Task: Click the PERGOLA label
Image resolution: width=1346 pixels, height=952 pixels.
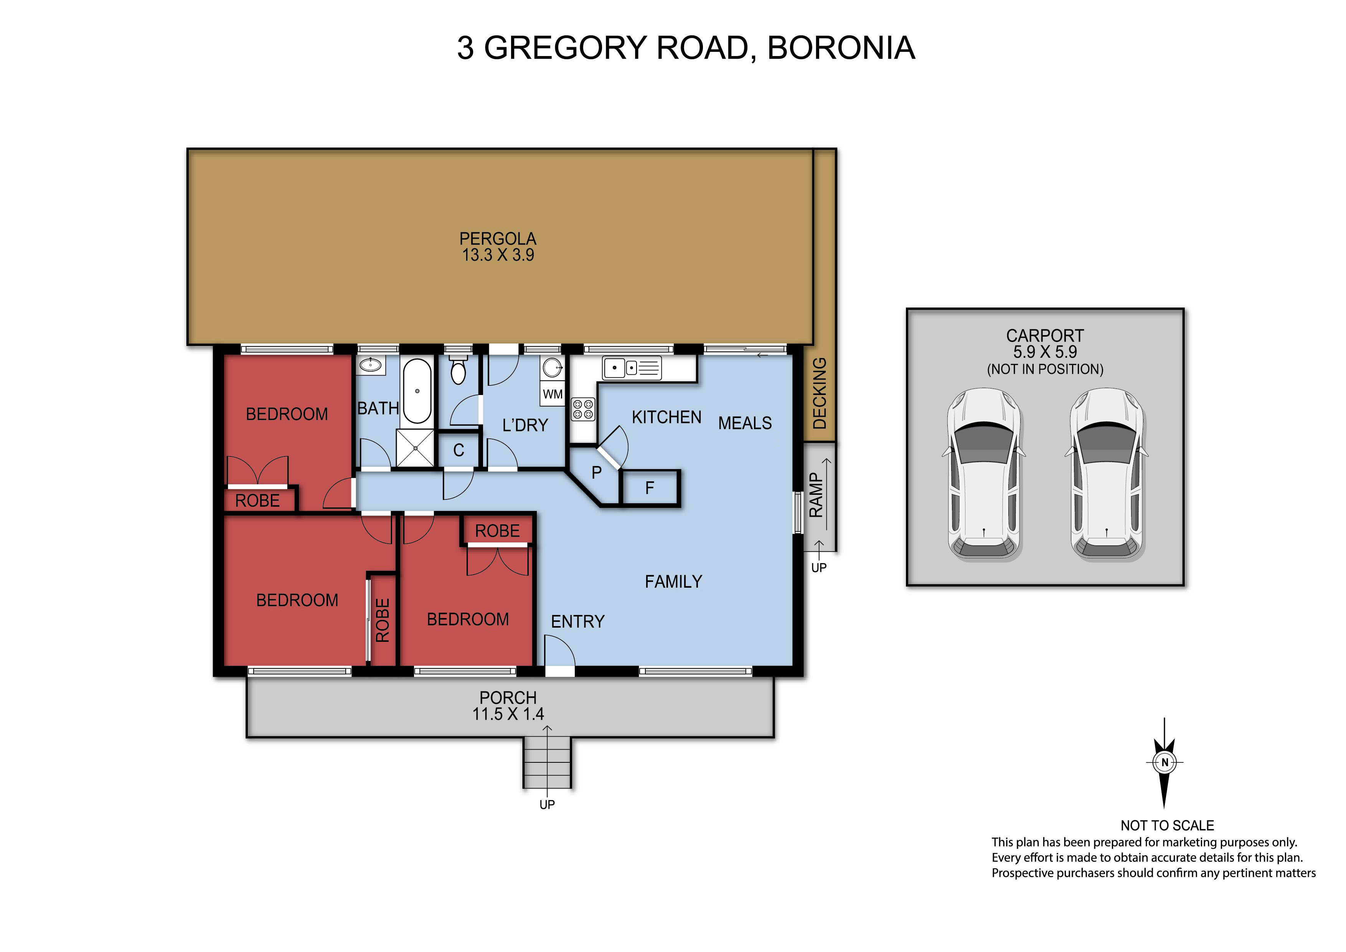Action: (x=498, y=239)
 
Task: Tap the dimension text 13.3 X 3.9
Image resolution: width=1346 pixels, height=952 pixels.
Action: (x=498, y=255)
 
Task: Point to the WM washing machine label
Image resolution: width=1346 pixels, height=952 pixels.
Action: (x=552, y=394)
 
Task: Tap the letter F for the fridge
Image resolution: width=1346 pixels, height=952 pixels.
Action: (x=650, y=488)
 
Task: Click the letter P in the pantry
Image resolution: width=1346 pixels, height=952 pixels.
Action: (x=596, y=472)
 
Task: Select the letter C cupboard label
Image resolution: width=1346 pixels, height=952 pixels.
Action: (x=459, y=451)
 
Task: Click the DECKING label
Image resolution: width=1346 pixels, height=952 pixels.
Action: (x=820, y=393)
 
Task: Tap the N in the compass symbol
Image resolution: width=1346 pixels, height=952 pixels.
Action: (x=1164, y=762)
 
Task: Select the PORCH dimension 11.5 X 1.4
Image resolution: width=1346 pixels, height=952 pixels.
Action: (x=508, y=714)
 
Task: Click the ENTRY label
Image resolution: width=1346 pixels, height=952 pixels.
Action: (x=577, y=622)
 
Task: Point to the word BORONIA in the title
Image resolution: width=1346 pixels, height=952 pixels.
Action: (x=841, y=48)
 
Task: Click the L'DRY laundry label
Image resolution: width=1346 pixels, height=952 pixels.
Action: (x=525, y=425)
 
